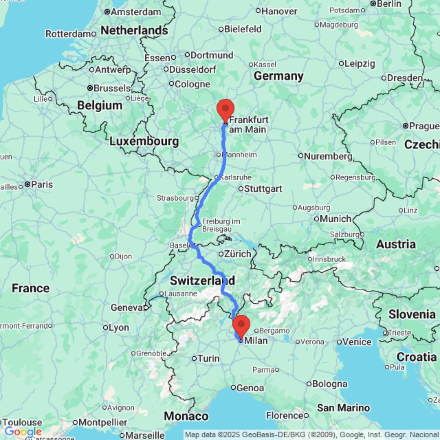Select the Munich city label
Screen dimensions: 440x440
coord(335,219)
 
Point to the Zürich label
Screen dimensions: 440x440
coord(238,254)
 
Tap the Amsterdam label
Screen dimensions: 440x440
coord(136,12)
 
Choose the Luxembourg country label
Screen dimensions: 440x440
coord(144,141)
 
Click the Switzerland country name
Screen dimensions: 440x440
coord(202,280)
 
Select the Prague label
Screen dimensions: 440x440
coord(424,126)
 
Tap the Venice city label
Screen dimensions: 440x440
coord(356,342)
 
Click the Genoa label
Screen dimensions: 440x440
coord(250,388)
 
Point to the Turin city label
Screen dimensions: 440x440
coord(209,359)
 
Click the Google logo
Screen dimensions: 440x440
coord(23,432)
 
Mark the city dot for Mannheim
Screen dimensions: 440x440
coord(219,154)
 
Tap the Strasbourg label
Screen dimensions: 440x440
coord(175,198)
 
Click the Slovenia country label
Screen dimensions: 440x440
coord(412,314)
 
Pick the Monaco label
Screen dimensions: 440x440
coord(186,416)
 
